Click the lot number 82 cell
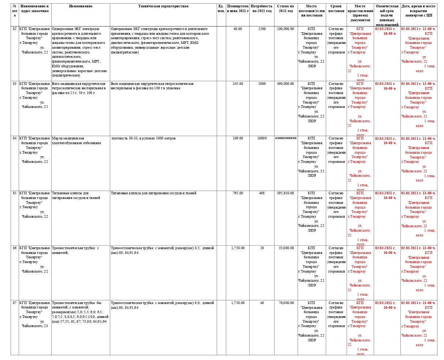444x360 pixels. (15, 29)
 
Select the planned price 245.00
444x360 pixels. (238, 84)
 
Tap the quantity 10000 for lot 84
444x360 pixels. (262, 138)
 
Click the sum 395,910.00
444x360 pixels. (286, 193)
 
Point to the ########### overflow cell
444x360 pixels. (286, 138)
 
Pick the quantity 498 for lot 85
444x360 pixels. (262, 193)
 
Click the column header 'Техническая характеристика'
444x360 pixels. (163, 6)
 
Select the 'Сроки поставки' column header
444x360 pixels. (336, 8)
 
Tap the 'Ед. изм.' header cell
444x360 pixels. (221, 8)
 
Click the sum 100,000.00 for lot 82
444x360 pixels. (286, 29)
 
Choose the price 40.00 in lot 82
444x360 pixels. (238, 29)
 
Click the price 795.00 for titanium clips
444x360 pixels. (238, 193)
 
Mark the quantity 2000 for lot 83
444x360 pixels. (262, 84)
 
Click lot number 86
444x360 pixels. (15, 248)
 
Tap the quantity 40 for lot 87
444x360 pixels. (262, 303)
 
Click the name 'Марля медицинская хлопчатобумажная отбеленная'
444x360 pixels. (77, 140)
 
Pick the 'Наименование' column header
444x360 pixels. (81, 6)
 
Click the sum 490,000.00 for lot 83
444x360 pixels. (286, 84)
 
